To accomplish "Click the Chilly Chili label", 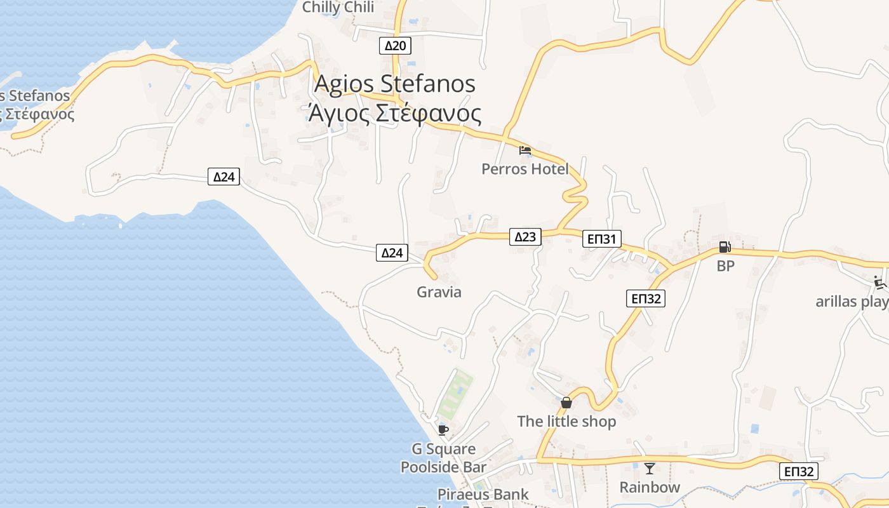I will coord(338,8).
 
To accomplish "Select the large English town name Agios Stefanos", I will coord(395,84).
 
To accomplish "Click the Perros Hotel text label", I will coord(525,169).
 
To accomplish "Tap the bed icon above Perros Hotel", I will coord(525,151).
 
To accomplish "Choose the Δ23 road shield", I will coord(525,237).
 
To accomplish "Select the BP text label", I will coord(725,266).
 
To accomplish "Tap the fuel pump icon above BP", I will coord(725,247).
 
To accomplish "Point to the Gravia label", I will coord(439,292).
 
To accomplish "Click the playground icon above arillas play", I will coord(879,282).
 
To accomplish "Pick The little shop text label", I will coord(566,421).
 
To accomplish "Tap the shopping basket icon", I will coord(566,403).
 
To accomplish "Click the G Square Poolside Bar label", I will coord(443,458).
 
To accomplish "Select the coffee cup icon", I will coord(443,430).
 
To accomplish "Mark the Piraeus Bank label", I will coord(483,494).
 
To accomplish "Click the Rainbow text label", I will coord(650,487).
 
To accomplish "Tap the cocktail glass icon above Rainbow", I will coord(650,469).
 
